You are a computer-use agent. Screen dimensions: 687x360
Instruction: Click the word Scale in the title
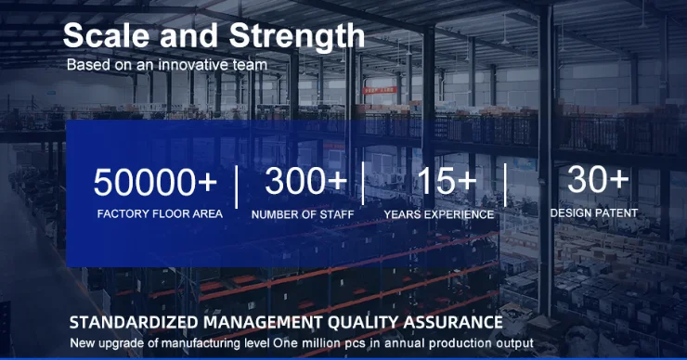[106, 35]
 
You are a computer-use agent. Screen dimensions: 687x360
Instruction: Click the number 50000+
[155, 182]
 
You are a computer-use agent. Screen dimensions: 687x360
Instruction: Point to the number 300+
[305, 180]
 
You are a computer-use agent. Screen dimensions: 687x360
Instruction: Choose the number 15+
[447, 180]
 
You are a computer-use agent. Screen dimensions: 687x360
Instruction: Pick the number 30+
[598, 179]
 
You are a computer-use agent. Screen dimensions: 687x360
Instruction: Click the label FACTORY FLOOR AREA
[160, 213]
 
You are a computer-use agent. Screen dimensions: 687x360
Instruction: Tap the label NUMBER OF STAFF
[303, 214]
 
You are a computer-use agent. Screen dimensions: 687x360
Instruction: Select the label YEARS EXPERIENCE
[439, 214]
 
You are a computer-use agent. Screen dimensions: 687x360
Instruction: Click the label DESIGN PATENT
[594, 213]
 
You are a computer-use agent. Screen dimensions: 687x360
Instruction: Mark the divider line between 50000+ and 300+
[237, 187]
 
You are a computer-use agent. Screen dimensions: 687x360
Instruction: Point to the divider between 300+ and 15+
[363, 183]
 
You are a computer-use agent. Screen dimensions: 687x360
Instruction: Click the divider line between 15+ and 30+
[506, 185]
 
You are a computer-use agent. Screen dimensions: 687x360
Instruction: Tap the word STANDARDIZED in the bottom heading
[134, 322]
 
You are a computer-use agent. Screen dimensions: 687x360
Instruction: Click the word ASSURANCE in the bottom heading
[453, 322]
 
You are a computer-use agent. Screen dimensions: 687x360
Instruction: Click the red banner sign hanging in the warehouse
[380, 90]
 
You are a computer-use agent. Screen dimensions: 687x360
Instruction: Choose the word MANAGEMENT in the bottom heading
[263, 322]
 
